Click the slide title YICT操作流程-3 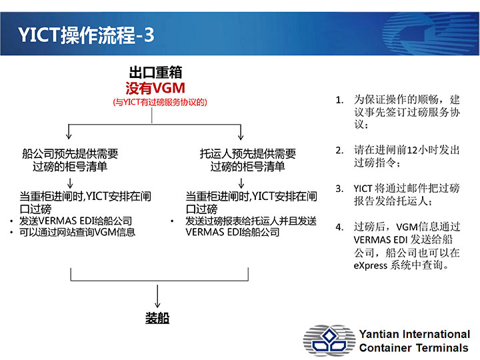pos(86,35)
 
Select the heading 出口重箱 pos(155,73)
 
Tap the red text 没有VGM pos(155,88)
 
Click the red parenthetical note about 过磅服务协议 pos(160,102)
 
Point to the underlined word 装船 pos(157,318)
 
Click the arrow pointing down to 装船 pos(157,296)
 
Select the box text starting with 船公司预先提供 pos(70,160)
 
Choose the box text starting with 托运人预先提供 pos(247,160)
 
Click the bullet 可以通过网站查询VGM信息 pos(77,233)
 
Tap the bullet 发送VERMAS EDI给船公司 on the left pos(75,221)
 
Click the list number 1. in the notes pos(339,100)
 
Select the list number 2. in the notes pos(339,150)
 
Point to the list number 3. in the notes pos(339,189)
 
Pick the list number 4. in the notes pos(339,227)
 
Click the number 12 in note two pos(413,150)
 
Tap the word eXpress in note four pos(371,265)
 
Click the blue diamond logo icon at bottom pos(329,341)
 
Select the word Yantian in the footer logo pos(379,334)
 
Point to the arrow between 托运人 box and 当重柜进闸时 pos(241,183)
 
